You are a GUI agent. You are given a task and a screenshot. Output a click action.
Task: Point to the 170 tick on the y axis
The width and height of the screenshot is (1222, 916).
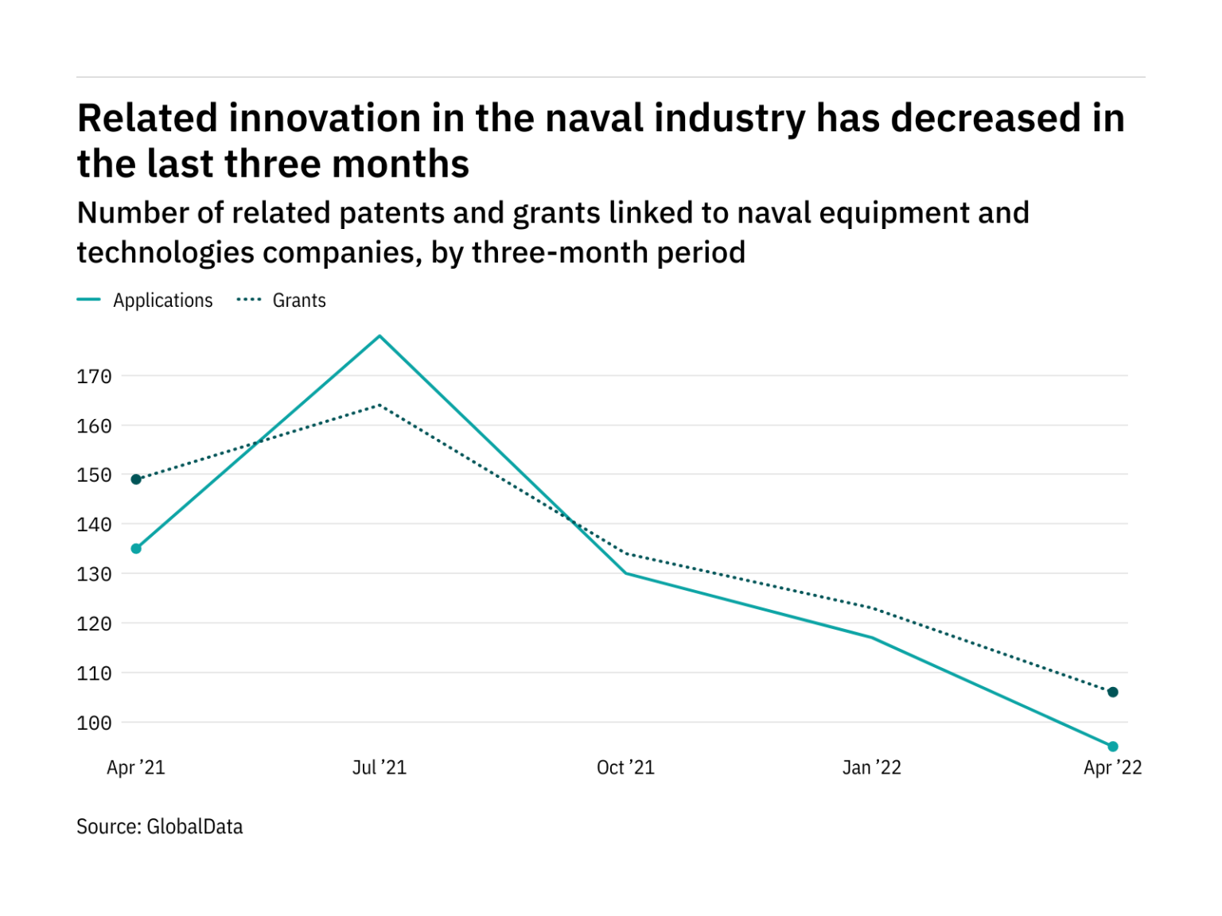[x=94, y=376]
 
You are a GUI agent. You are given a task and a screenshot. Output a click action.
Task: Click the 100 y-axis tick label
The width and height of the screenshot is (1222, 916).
[x=94, y=723]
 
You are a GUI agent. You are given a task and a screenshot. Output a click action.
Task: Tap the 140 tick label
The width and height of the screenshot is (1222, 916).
[x=94, y=525]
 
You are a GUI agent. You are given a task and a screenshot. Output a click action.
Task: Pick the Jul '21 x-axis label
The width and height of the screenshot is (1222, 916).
[x=379, y=767]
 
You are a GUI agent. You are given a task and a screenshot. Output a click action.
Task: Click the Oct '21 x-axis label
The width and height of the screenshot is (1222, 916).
[x=625, y=767]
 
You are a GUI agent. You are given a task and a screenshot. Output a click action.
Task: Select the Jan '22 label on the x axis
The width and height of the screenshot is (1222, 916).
[x=872, y=767]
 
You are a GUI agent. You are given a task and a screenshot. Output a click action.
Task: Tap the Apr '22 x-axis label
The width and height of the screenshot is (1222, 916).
[x=1112, y=767]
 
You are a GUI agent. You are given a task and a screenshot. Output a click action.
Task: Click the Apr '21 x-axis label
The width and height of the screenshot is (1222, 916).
[x=136, y=767]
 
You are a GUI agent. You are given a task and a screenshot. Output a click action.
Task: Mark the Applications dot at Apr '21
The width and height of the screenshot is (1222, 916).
[x=136, y=549]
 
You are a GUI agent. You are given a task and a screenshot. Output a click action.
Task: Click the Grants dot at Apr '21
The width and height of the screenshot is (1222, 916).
[x=136, y=479]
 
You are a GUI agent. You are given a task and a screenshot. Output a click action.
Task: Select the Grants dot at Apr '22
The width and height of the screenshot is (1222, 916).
[x=1113, y=692]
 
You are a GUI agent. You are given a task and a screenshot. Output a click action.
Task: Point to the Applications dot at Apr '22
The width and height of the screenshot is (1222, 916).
[x=1113, y=747]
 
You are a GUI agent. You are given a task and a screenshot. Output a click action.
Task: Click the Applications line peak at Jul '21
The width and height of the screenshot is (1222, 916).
[x=379, y=336]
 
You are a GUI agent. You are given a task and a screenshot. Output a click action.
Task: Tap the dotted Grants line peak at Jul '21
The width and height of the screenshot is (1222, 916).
[x=379, y=406]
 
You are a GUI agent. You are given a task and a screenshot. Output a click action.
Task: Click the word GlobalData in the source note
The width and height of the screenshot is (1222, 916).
[x=195, y=827]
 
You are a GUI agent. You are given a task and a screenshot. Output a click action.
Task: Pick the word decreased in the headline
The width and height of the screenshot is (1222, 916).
[x=985, y=118]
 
